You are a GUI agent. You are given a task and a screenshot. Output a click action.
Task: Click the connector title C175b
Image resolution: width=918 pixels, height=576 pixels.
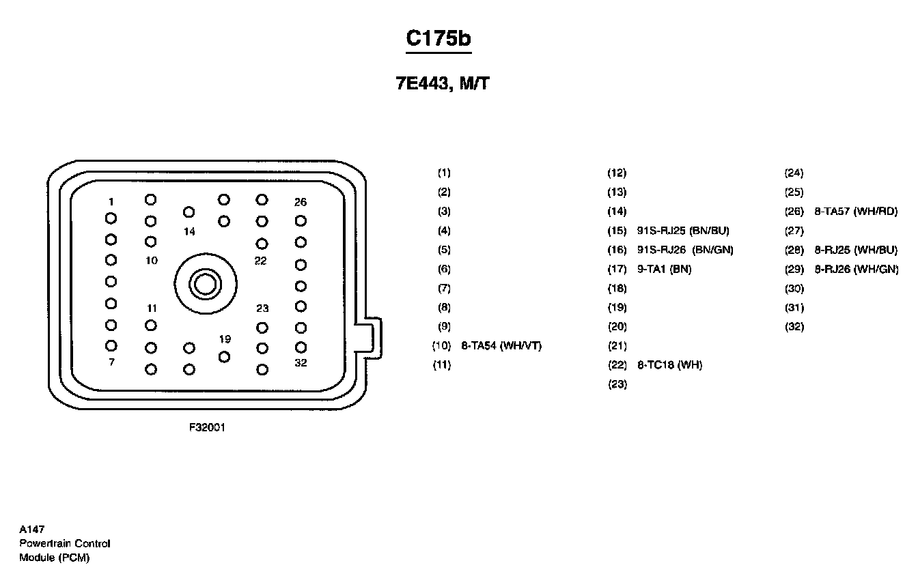[x=439, y=38]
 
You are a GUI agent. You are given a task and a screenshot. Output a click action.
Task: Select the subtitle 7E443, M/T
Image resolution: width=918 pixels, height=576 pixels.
[x=443, y=83]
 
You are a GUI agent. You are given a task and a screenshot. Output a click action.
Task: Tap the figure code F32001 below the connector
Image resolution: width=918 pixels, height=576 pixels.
[x=207, y=427]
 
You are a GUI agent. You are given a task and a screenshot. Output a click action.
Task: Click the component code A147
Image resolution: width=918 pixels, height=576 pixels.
[x=32, y=530]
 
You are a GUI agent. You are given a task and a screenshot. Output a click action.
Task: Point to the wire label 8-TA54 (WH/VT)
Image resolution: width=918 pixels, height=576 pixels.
[x=501, y=346]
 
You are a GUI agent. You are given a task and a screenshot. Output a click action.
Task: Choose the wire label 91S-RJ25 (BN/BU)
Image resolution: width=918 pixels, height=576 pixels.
[x=683, y=231]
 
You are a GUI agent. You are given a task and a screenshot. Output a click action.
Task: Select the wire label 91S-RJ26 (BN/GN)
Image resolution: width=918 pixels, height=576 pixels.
[x=685, y=250]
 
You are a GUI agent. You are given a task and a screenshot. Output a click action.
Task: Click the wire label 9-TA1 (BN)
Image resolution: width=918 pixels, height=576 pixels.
[x=665, y=269]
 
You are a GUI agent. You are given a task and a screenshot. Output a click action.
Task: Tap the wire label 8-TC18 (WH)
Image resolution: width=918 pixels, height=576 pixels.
[x=669, y=364]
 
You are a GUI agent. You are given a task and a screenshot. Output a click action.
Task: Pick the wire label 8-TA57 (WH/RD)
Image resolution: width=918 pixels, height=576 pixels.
[x=856, y=212]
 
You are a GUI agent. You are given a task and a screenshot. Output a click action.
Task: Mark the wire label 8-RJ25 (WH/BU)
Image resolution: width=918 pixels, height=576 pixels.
[x=856, y=250]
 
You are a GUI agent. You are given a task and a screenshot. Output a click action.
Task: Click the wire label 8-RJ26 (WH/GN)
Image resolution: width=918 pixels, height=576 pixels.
[x=857, y=269]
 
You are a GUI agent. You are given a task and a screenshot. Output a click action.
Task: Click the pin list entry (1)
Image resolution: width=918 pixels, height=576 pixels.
[x=444, y=173]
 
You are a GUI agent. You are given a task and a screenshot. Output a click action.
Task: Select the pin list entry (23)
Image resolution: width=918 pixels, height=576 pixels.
[x=617, y=384]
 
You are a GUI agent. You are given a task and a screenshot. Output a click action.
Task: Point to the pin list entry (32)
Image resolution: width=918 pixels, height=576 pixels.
[x=794, y=327]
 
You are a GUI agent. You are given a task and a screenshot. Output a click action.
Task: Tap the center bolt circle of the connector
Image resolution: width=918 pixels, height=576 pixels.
[x=206, y=284]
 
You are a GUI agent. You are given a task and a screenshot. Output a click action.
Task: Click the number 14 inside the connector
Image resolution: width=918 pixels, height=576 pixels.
[x=189, y=232]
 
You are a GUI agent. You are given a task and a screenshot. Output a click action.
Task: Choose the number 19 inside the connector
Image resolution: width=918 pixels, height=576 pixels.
[x=225, y=339]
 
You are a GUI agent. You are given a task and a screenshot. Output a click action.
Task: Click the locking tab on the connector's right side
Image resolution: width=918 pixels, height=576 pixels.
[x=373, y=339]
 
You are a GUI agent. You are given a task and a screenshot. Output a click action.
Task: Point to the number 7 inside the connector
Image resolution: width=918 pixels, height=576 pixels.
[x=111, y=362]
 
